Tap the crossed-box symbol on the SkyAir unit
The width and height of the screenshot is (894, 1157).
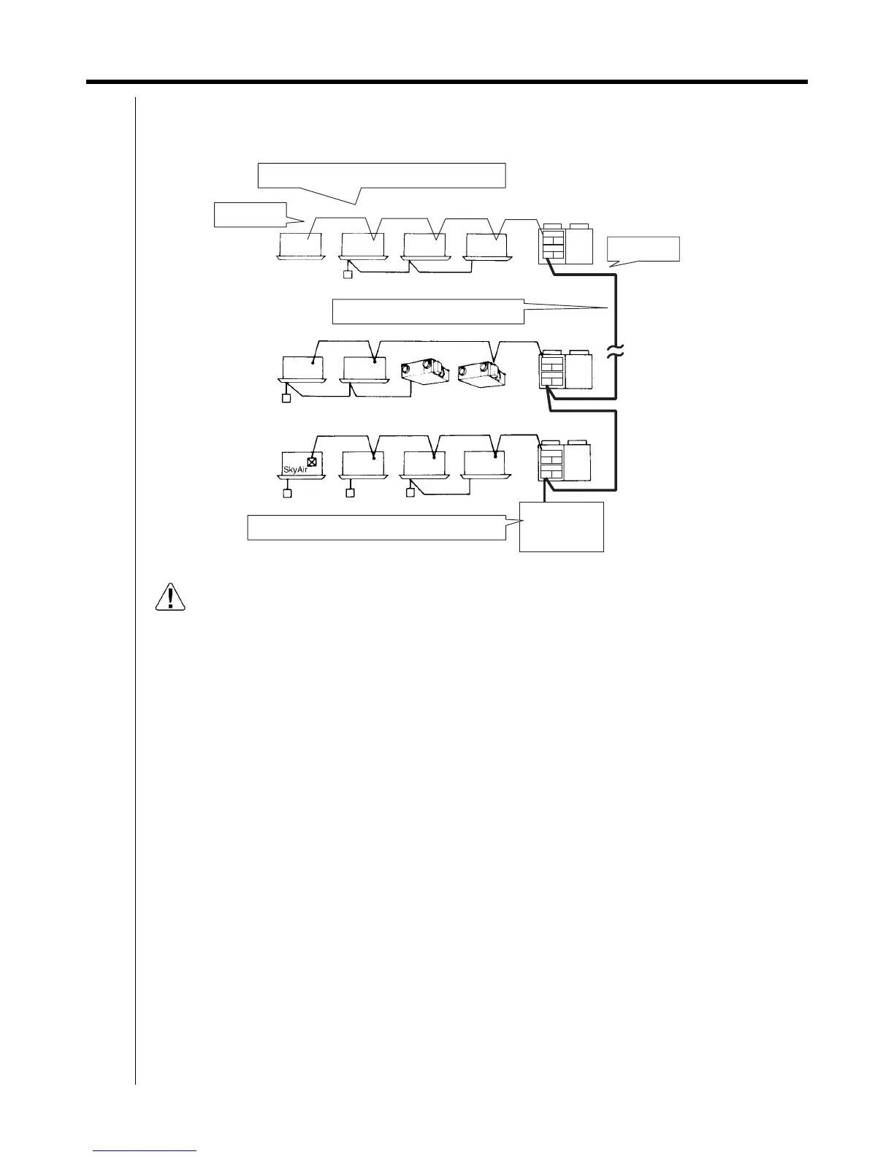pyautogui.click(x=313, y=461)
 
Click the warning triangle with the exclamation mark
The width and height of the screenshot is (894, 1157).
pyautogui.click(x=171, y=597)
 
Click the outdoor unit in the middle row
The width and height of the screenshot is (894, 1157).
pyautogui.click(x=566, y=371)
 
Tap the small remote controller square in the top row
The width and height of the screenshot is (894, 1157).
pyautogui.click(x=348, y=275)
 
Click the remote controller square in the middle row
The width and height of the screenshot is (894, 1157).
pyautogui.click(x=287, y=398)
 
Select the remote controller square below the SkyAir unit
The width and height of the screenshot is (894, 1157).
pyautogui.click(x=287, y=494)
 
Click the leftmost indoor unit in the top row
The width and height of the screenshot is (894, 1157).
pyautogui.click(x=301, y=246)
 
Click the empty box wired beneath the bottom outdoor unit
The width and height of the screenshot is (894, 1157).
pyautogui.click(x=561, y=526)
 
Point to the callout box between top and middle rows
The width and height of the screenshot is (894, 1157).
pyautogui.click(x=429, y=310)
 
